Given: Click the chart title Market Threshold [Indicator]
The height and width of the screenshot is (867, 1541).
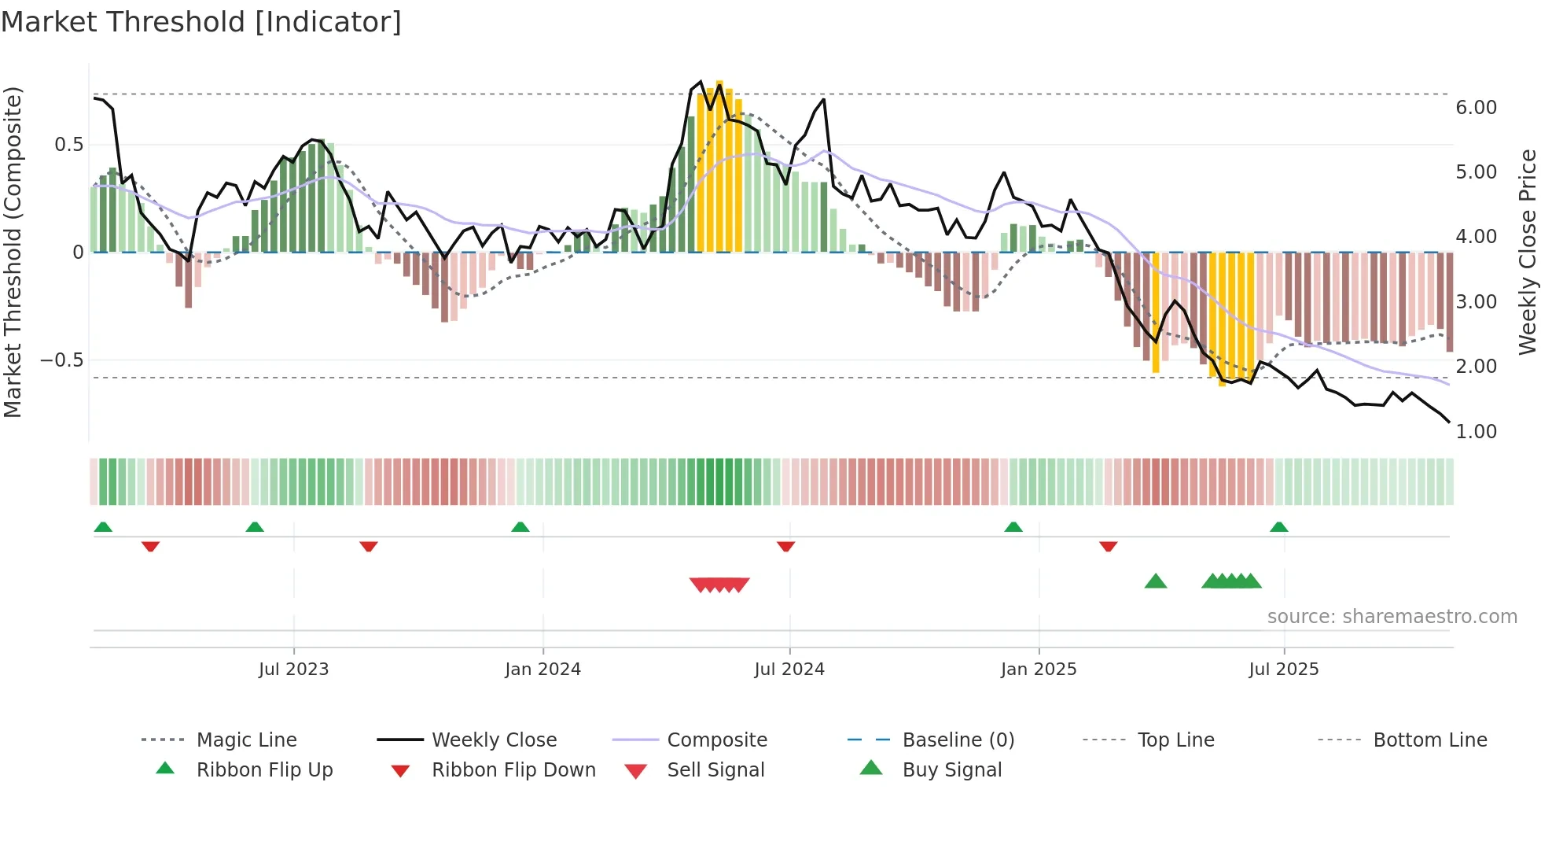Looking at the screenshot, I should [201, 22].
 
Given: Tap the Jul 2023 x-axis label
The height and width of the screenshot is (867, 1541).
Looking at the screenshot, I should [293, 670].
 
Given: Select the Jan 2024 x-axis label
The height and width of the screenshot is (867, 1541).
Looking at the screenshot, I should [542, 670].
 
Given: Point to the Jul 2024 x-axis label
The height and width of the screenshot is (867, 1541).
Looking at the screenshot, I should [789, 670].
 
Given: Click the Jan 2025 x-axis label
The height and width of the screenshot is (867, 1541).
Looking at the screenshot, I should [1038, 670].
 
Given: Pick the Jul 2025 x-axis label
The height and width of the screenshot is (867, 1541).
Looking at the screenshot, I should [1283, 670].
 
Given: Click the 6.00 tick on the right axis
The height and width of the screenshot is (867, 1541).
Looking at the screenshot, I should [1476, 108].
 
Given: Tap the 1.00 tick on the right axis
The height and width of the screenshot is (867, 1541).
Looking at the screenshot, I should [1476, 432].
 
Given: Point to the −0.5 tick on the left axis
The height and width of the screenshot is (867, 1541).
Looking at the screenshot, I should [61, 360].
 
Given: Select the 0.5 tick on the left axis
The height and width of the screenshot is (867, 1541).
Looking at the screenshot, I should [68, 145].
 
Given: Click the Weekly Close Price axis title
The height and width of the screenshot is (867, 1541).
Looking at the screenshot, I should [1527, 252].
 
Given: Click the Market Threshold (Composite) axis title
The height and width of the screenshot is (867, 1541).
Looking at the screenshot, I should [13, 252].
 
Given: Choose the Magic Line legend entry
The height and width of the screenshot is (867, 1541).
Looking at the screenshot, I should [246, 740].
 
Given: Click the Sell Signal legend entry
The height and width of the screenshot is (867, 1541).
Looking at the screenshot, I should [715, 770].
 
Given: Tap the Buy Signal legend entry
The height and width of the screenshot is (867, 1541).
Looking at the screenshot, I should [951, 770].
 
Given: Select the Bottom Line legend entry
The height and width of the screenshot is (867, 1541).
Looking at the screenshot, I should [1429, 740].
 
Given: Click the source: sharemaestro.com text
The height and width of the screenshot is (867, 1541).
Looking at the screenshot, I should [1392, 617].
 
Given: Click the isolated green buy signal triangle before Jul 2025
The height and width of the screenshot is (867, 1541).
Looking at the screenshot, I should [1155, 582].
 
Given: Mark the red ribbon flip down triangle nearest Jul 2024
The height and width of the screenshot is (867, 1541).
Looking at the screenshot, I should [785, 546].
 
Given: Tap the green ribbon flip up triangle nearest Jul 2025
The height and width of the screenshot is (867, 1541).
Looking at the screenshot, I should [1278, 527].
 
